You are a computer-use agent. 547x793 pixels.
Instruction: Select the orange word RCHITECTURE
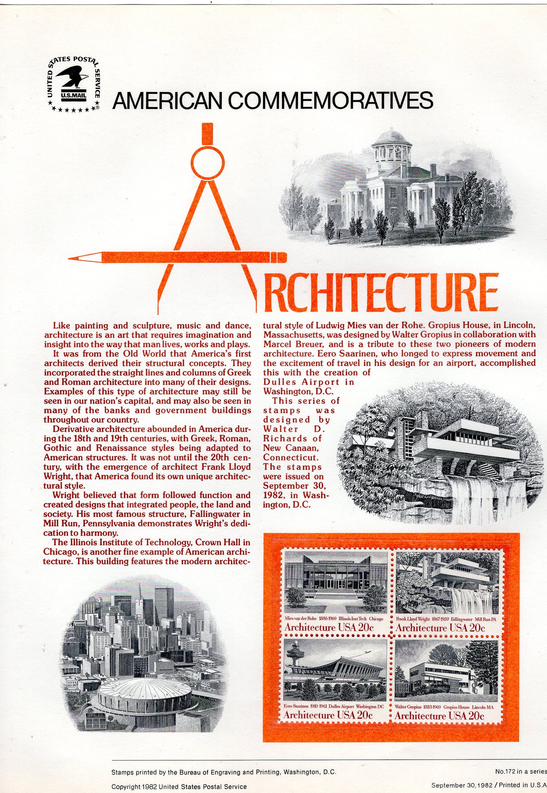[x=380, y=293]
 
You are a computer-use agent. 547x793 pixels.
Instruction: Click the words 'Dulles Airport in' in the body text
[x=309, y=382]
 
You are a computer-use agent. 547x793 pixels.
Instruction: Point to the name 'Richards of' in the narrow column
[x=292, y=439]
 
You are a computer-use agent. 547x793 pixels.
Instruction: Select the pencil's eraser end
[x=282, y=258]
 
